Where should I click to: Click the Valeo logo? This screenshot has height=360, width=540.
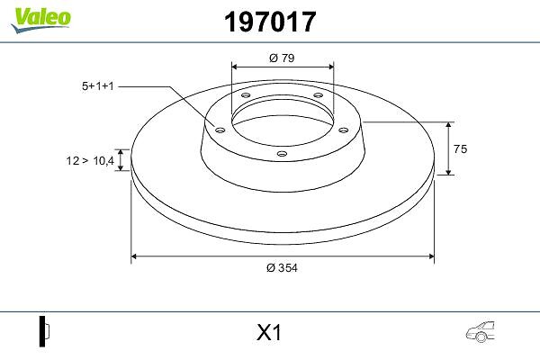point(40,20)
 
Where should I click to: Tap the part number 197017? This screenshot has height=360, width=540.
point(270,22)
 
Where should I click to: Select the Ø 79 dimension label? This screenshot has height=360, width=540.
point(282,58)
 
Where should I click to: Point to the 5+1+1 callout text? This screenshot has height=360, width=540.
point(98,86)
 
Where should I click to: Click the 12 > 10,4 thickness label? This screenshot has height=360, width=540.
point(90,160)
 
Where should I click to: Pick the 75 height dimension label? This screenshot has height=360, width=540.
point(461,148)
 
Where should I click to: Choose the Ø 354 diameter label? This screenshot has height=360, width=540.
point(282,267)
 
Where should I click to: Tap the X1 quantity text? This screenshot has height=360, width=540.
point(269,333)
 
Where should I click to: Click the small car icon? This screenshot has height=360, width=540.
point(480,332)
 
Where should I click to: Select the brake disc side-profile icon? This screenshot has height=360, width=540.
point(44,331)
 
